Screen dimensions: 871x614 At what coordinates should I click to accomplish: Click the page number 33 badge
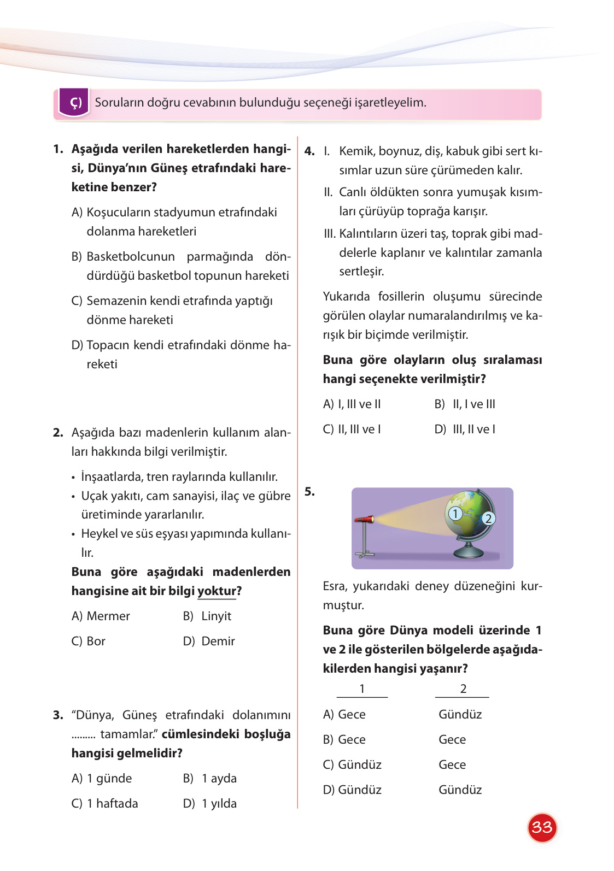pyautogui.click(x=542, y=827)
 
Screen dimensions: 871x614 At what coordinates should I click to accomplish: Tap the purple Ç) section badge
pyautogui.click(x=74, y=103)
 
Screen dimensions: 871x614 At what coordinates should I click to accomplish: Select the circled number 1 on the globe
pyautogui.click(x=455, y=514)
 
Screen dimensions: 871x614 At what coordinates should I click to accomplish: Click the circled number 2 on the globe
pyautogui.click(x=488, y=519)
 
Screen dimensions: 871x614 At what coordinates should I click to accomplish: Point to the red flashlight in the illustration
pyautogui.click(x=365, y=519)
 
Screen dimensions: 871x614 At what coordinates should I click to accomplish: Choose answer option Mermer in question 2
pyautogui.click(x=108, y=616)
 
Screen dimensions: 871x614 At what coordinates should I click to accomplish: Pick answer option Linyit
pyautogui.click(x=216, y=616)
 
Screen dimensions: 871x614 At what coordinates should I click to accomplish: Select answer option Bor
pyautogui.click(x=96, y=642)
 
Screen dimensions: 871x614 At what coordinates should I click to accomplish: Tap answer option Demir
pyautogui.click(x=218, y=642)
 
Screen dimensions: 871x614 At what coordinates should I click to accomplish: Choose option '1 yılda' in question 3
pyautogui.click(x=219, y=804)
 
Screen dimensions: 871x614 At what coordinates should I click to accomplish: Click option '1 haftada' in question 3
pyautogui.click(x=112, y=804)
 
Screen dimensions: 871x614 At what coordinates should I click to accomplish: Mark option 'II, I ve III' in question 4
pyautogui.click(x=473, y=404)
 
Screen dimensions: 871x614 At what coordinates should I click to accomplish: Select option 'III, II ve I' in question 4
pyautogui.click(x=473, y=429)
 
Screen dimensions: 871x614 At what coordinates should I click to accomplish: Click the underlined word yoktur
pyautogui.click(x=217, y=591)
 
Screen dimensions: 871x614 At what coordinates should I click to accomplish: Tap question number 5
pyautogui.click(x=309, y=492)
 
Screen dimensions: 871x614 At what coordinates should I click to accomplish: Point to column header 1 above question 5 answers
pyautogui.click(x=362, y=689)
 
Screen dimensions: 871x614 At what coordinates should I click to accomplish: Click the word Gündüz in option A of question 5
pyautogui.click(x=460, y=715)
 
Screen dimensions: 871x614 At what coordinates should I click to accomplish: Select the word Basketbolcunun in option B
pyautogui.click(x=131, y=257)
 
